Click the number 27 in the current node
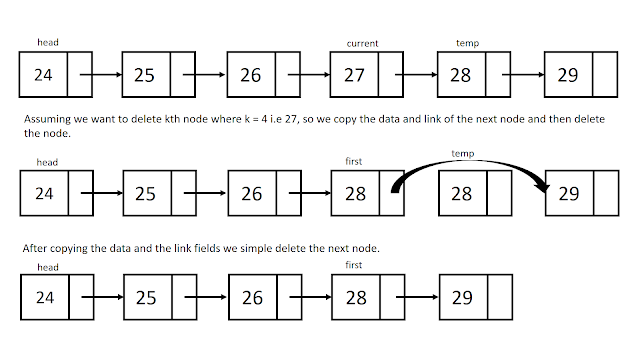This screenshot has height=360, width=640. (x=354, y=75)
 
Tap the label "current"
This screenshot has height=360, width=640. (x=362, y=43)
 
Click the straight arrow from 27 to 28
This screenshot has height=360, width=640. (x=416, y=75)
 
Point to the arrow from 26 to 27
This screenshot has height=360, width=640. (x=309, y=75)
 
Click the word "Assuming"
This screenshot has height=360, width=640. (x=47, y=120)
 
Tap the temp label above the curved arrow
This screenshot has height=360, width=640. (x=462, y=153)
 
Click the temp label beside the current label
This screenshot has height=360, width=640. (x=467, y=43)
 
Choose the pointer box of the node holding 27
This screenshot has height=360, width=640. (x=391, y=75)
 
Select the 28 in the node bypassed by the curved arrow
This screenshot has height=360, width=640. (x=461, y=193)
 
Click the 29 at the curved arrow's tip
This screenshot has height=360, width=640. (x=569, y=193)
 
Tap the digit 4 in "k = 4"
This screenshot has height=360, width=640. (x=264, y=119)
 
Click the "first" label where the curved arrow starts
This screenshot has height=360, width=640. (x=353, y=161)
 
